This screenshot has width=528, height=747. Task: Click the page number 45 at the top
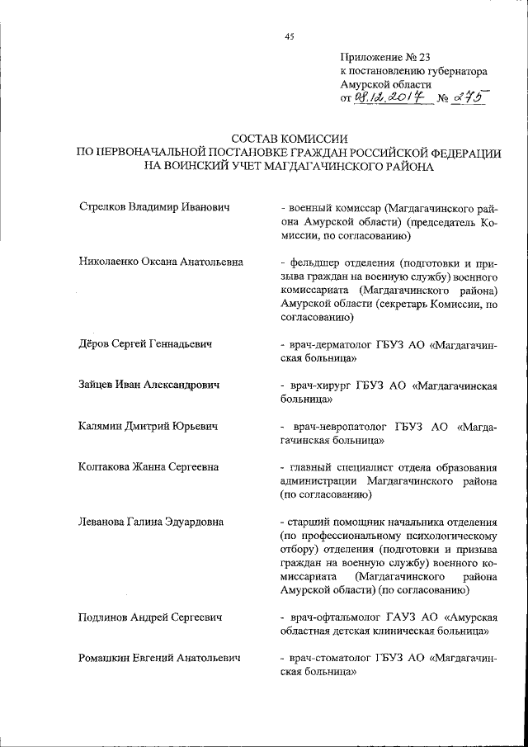[x=289, y=36]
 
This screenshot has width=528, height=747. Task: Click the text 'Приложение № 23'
[x=385, y=57]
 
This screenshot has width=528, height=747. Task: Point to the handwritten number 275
[x=466, y=97]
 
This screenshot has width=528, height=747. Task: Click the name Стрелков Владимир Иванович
[x=153, y=206]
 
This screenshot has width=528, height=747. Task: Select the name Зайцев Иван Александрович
[x=149, y=385]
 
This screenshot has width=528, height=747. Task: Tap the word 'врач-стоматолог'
[x=330, y=658]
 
